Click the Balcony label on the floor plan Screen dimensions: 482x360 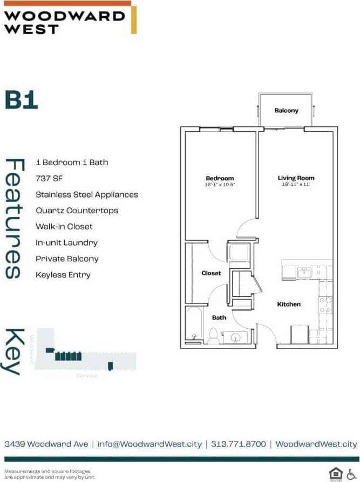[286, 111]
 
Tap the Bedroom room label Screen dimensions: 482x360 [220, 179]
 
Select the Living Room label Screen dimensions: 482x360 [296, 178]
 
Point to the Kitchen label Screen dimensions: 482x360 [289, 304]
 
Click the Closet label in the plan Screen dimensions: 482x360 [211, 273]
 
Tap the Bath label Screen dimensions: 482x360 [219, 318]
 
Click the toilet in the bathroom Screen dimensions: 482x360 [214, 335]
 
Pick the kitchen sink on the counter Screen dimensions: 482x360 [304, 273]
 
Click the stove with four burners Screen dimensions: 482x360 [325, 306]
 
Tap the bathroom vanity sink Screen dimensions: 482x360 [235, 337]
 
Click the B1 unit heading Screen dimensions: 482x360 [22, 100]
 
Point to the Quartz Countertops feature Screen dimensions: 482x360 [77, 211]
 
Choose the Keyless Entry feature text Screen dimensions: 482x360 [63, 275]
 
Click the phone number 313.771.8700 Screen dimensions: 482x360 [239, 444]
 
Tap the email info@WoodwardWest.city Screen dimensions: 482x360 [150, 444]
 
